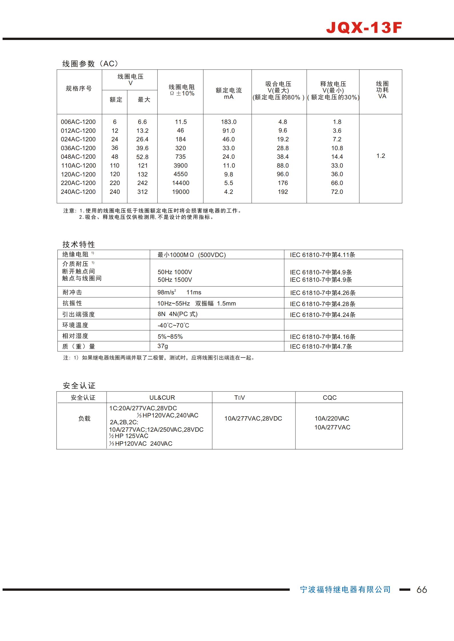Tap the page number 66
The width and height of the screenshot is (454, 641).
click(x=422, y=590)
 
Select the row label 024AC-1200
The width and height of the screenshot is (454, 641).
click(x=78, y=139)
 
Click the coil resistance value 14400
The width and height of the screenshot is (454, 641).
click(x=181, y=183)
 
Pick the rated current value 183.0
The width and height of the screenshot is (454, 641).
click(x=229, y=122)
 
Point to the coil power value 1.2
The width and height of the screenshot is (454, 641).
click(x=381, y=156)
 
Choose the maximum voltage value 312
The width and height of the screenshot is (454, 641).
click(x=142, y=192)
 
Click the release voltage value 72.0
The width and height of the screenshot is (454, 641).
click(x=337, y=192)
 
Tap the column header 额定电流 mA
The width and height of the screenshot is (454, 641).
click(x=229, y=93)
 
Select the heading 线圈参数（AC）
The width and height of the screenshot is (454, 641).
click(x=90, y=64)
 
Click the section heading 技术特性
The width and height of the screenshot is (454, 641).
click(x=79, y=244)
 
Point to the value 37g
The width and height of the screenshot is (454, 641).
click(x=163, y=346)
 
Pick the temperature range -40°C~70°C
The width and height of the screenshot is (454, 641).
click(x=173, y=325)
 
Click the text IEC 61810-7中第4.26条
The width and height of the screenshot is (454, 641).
click(x=323, y=293)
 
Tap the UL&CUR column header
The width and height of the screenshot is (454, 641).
click(x=162, y=397)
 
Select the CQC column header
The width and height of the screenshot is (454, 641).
click(x=329, y=397)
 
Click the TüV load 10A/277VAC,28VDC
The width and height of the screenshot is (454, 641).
click(x=253, y=419)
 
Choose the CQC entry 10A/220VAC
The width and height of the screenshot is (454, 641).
click(x=332, y=419)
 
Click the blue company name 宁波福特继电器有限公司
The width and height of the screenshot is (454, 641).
click(x=345, y=589)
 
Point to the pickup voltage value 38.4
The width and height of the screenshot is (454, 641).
click(x=283, y=157)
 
